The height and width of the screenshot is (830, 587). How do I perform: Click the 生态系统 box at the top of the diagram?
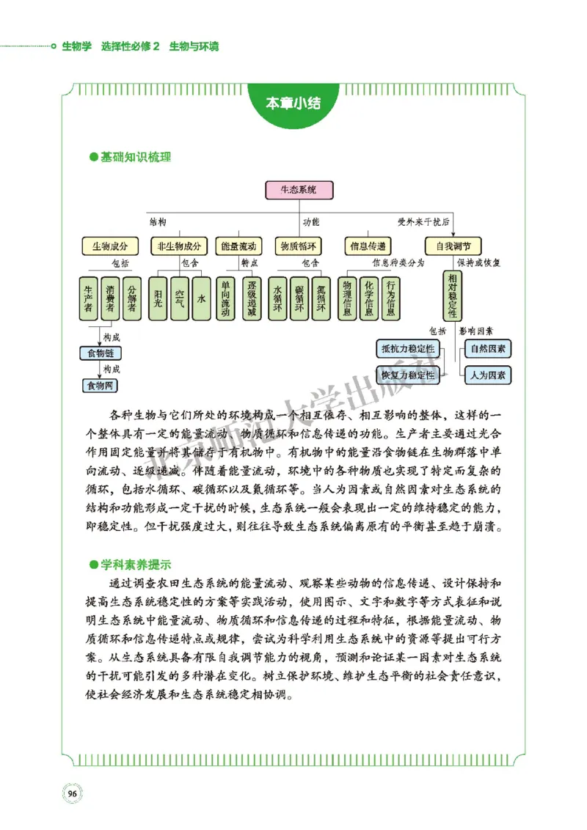299,190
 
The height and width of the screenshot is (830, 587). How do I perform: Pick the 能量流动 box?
238,246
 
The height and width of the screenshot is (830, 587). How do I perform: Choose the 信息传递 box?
367,246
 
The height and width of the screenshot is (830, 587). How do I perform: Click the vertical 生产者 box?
88,298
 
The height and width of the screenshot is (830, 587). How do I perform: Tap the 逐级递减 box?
251,298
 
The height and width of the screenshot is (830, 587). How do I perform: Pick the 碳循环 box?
299,298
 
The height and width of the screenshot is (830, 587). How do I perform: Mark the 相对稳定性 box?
453,295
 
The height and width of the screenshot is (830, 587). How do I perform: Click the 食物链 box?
101,354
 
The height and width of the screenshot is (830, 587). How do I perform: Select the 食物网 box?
101,385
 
